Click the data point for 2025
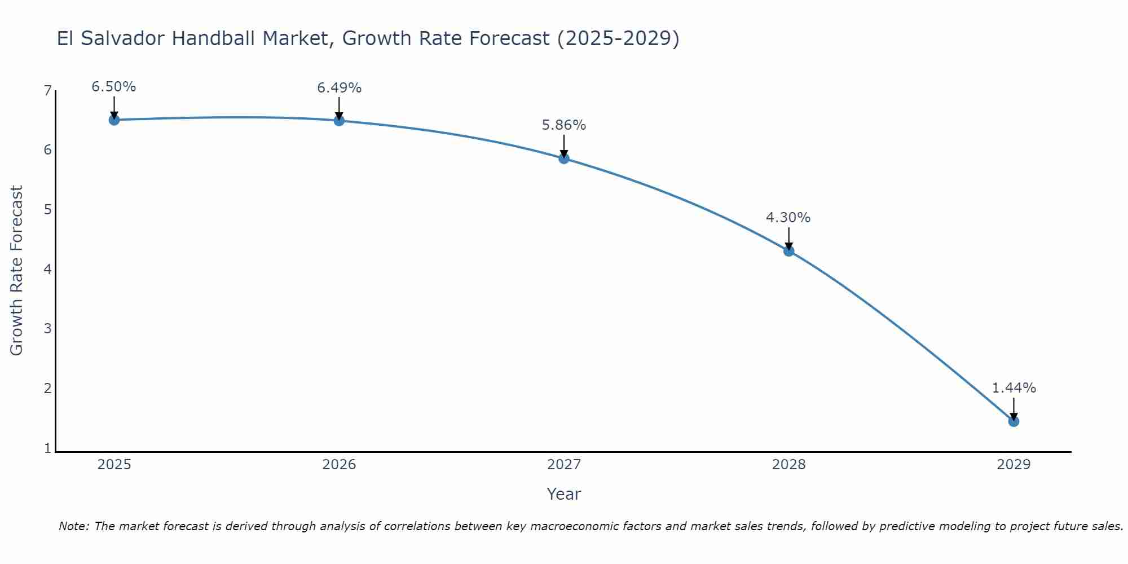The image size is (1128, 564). point(114,120)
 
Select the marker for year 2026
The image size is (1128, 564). point(339,120)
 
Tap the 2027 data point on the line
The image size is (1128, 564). point(564,158)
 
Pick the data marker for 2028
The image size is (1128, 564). point(789,251)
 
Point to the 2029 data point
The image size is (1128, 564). point(1014,421)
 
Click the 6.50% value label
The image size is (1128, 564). point(114,87)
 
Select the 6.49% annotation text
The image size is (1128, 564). point(339,88)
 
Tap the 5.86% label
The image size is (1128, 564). point(564,125)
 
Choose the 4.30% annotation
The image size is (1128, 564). point(788,218)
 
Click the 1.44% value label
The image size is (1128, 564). point(1014,388)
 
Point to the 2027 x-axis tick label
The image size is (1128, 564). point(564,465)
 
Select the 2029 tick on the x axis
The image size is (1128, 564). point(1014,465)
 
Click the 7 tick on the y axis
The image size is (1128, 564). point(47,91)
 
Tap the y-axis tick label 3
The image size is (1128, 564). point(47,328)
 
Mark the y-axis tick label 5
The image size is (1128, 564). point(47,210)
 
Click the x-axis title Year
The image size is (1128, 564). point(564,494)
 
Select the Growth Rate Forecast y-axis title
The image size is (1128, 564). point(17,271)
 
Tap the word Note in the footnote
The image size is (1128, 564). point(73,526)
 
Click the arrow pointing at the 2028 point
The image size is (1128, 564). point(789,238)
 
